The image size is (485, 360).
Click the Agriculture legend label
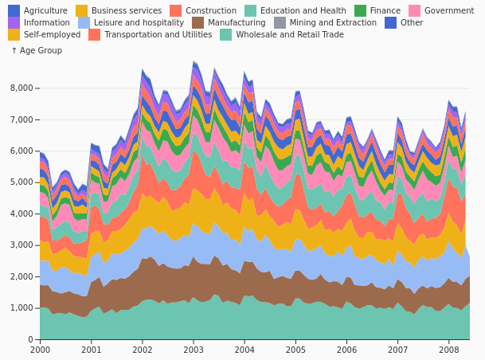(45, 10)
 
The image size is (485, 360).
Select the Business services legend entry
(119, 10)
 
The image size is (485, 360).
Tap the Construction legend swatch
(176, 10)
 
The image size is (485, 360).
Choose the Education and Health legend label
(303, 10)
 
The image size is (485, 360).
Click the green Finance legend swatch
(360, 10)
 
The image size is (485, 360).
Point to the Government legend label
(449, 10)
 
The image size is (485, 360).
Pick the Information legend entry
(39, 22)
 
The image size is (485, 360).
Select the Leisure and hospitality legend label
(139, 22)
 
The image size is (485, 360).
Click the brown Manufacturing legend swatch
(198, 22)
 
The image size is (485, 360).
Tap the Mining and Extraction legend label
(333, 22)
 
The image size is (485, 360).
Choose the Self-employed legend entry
(45, 34)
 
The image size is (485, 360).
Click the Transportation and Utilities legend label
(158, 34)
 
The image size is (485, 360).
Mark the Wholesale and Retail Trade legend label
(290, 34)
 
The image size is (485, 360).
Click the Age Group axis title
(37, 50)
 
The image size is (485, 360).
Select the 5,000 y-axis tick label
(22, 182)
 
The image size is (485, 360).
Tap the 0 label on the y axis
(30, 339)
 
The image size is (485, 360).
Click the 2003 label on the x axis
(194, 350)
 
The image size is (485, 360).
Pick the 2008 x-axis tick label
(449, 350)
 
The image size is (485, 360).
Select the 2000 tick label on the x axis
(40, 350)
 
